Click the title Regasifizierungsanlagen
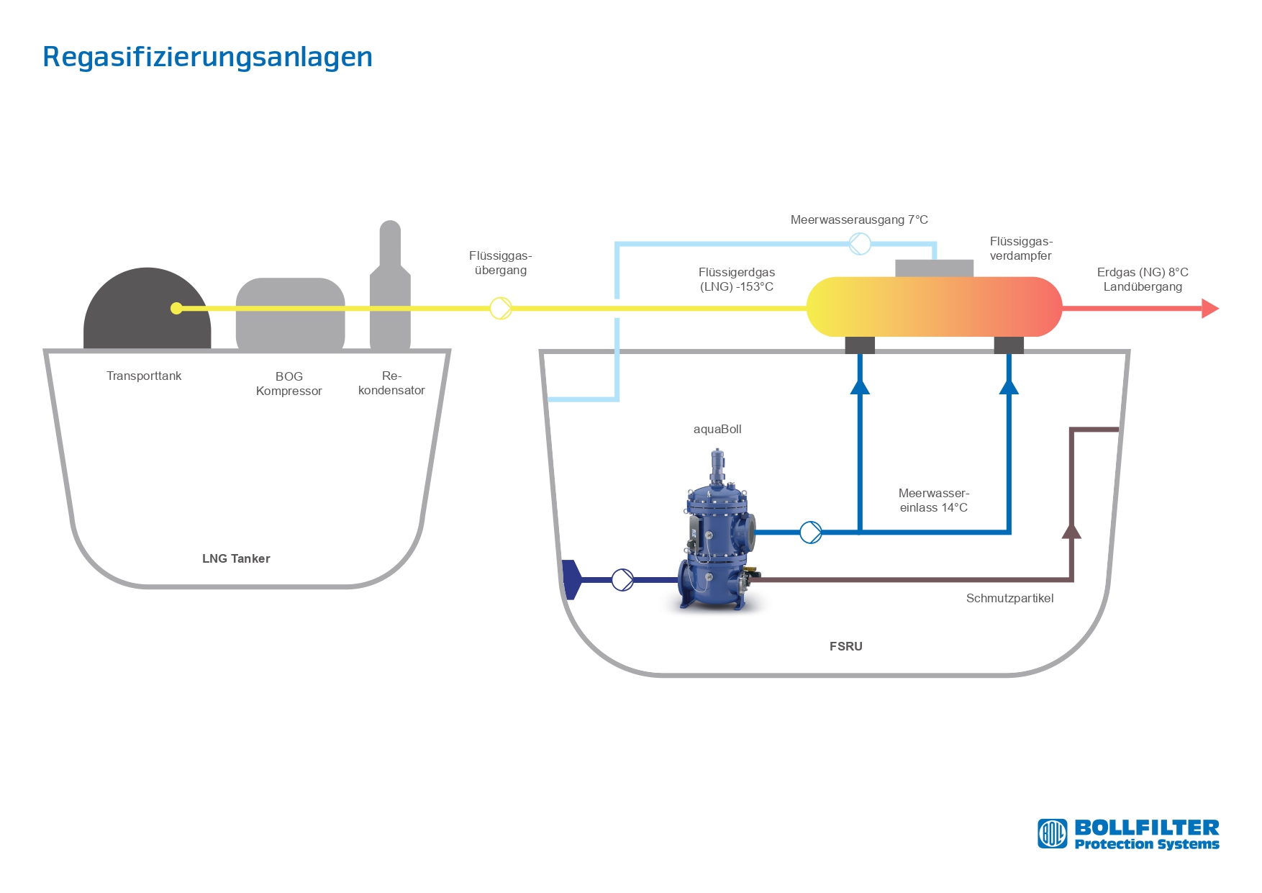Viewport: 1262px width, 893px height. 207,58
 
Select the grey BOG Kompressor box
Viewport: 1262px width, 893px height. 291,314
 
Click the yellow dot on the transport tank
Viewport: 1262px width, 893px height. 176,308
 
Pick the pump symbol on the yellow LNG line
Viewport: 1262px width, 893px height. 501,308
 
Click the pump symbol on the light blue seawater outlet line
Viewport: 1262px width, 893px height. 860,244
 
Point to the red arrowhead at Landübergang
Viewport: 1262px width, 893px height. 1210,309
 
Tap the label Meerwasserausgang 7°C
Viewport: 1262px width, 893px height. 859,219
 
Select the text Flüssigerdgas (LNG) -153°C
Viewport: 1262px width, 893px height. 737,279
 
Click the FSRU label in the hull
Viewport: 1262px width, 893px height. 845,646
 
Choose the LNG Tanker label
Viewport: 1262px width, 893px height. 236,558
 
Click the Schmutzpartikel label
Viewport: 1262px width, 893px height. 1009,598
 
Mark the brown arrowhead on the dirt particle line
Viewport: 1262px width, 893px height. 1071,530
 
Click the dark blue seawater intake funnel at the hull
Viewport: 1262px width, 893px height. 571,579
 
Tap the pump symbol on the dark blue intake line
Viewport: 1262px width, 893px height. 622,579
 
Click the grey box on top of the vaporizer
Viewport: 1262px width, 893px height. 934,268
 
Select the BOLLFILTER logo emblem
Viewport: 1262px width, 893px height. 1052,834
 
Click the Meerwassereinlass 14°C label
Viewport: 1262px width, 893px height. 934,500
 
